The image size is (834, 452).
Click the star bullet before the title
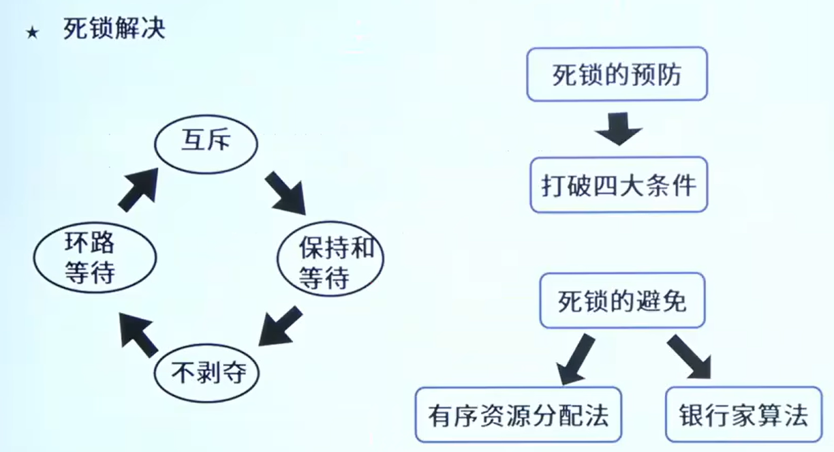coord(33,33)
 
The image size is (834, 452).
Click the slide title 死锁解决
coord(114,29)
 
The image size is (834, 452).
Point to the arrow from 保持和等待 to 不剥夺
coord(280,326)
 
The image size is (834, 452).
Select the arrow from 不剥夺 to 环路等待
coord(139,335)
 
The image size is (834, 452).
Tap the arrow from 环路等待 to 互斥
coord(138,190)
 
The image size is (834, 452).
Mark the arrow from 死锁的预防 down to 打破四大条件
coord(619,129)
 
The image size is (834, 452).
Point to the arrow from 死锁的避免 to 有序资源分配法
coord(575,359)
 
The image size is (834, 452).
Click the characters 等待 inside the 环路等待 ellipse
coord(90,273)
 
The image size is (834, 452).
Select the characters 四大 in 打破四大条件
coord(619,185)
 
